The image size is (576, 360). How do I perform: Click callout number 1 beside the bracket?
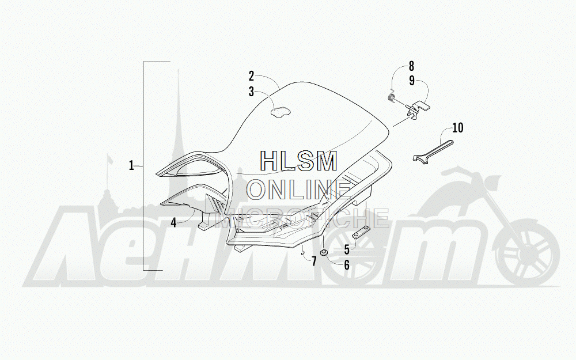pos(131,166)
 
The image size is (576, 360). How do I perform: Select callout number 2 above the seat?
pos(251,75)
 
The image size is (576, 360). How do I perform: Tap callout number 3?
pos(251,91)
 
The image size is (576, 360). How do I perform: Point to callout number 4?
pos(173,222)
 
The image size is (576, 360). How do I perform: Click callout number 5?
pos(347,249)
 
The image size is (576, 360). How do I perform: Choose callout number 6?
pos(347,265)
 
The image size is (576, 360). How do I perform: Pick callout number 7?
pos(314,262)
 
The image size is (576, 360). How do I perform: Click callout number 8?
pos(412,66)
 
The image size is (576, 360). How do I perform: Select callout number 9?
pos(412,81)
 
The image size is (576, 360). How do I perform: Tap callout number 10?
pos(457,127)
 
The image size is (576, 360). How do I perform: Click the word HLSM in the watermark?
pos(298,162)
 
